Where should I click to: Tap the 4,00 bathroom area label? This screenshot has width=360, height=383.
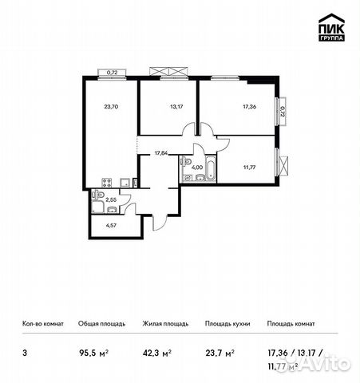[197, 168]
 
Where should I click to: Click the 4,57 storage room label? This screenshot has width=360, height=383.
[109, 227]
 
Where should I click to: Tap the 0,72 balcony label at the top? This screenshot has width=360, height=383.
[113, 72]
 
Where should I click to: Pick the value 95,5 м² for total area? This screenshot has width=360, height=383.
[89, 348]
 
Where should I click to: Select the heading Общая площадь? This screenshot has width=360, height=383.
[99, 324]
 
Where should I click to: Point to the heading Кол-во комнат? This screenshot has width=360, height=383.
[42, 324]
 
